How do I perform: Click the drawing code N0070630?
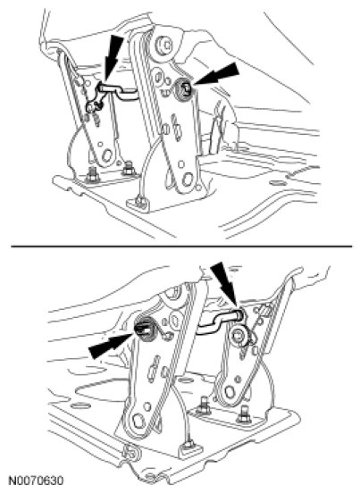click(36, 480)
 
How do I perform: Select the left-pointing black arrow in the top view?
click(217, 74)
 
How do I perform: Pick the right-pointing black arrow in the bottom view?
click(111, 345)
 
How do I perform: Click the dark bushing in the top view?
click(184, 89)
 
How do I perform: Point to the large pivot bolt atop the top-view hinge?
click(163, 45)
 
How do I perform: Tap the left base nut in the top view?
click(92, 175)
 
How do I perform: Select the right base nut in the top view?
click(129, 168)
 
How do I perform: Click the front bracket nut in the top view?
click(139, 201)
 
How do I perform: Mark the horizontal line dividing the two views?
click(181, 246)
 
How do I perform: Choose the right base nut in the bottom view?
click(244, 417)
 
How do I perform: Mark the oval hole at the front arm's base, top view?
click(188, 179)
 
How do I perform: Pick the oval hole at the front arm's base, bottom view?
click(138, 421)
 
